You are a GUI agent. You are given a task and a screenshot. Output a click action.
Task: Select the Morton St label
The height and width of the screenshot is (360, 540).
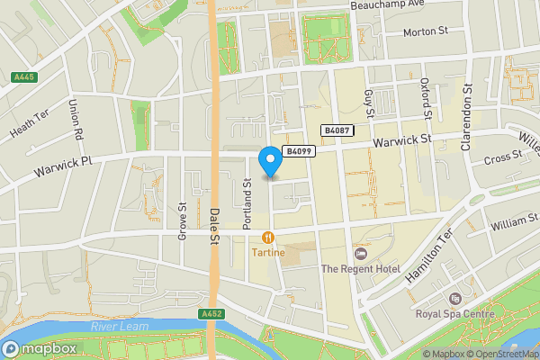pyautogui.click(x=425, y=31)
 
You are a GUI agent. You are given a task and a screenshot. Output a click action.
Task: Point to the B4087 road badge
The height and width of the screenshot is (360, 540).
pyautogui.click(x=337, y=130)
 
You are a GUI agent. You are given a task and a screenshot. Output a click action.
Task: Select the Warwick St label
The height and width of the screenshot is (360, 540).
pyautogui.click(x=404, y=140)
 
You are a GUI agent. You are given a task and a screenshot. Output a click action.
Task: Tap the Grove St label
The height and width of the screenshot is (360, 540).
pyautogui.click(x=182, y=220)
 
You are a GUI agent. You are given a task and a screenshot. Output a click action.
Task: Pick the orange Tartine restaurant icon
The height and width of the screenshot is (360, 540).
pyautogui.click(x=268, y=238)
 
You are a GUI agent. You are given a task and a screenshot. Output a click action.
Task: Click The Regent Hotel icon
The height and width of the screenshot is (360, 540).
pyautogui.click(x=361, y=253)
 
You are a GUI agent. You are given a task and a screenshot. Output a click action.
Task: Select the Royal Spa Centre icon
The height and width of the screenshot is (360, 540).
pyautogui.click(x=454, y=298)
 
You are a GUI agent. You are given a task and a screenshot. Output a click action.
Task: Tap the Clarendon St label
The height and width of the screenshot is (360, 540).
pyautogui.click(x=468, y=116)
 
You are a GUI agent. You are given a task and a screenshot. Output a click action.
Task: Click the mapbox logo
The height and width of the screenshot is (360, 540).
pyautogui.click(x=40, y=348)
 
